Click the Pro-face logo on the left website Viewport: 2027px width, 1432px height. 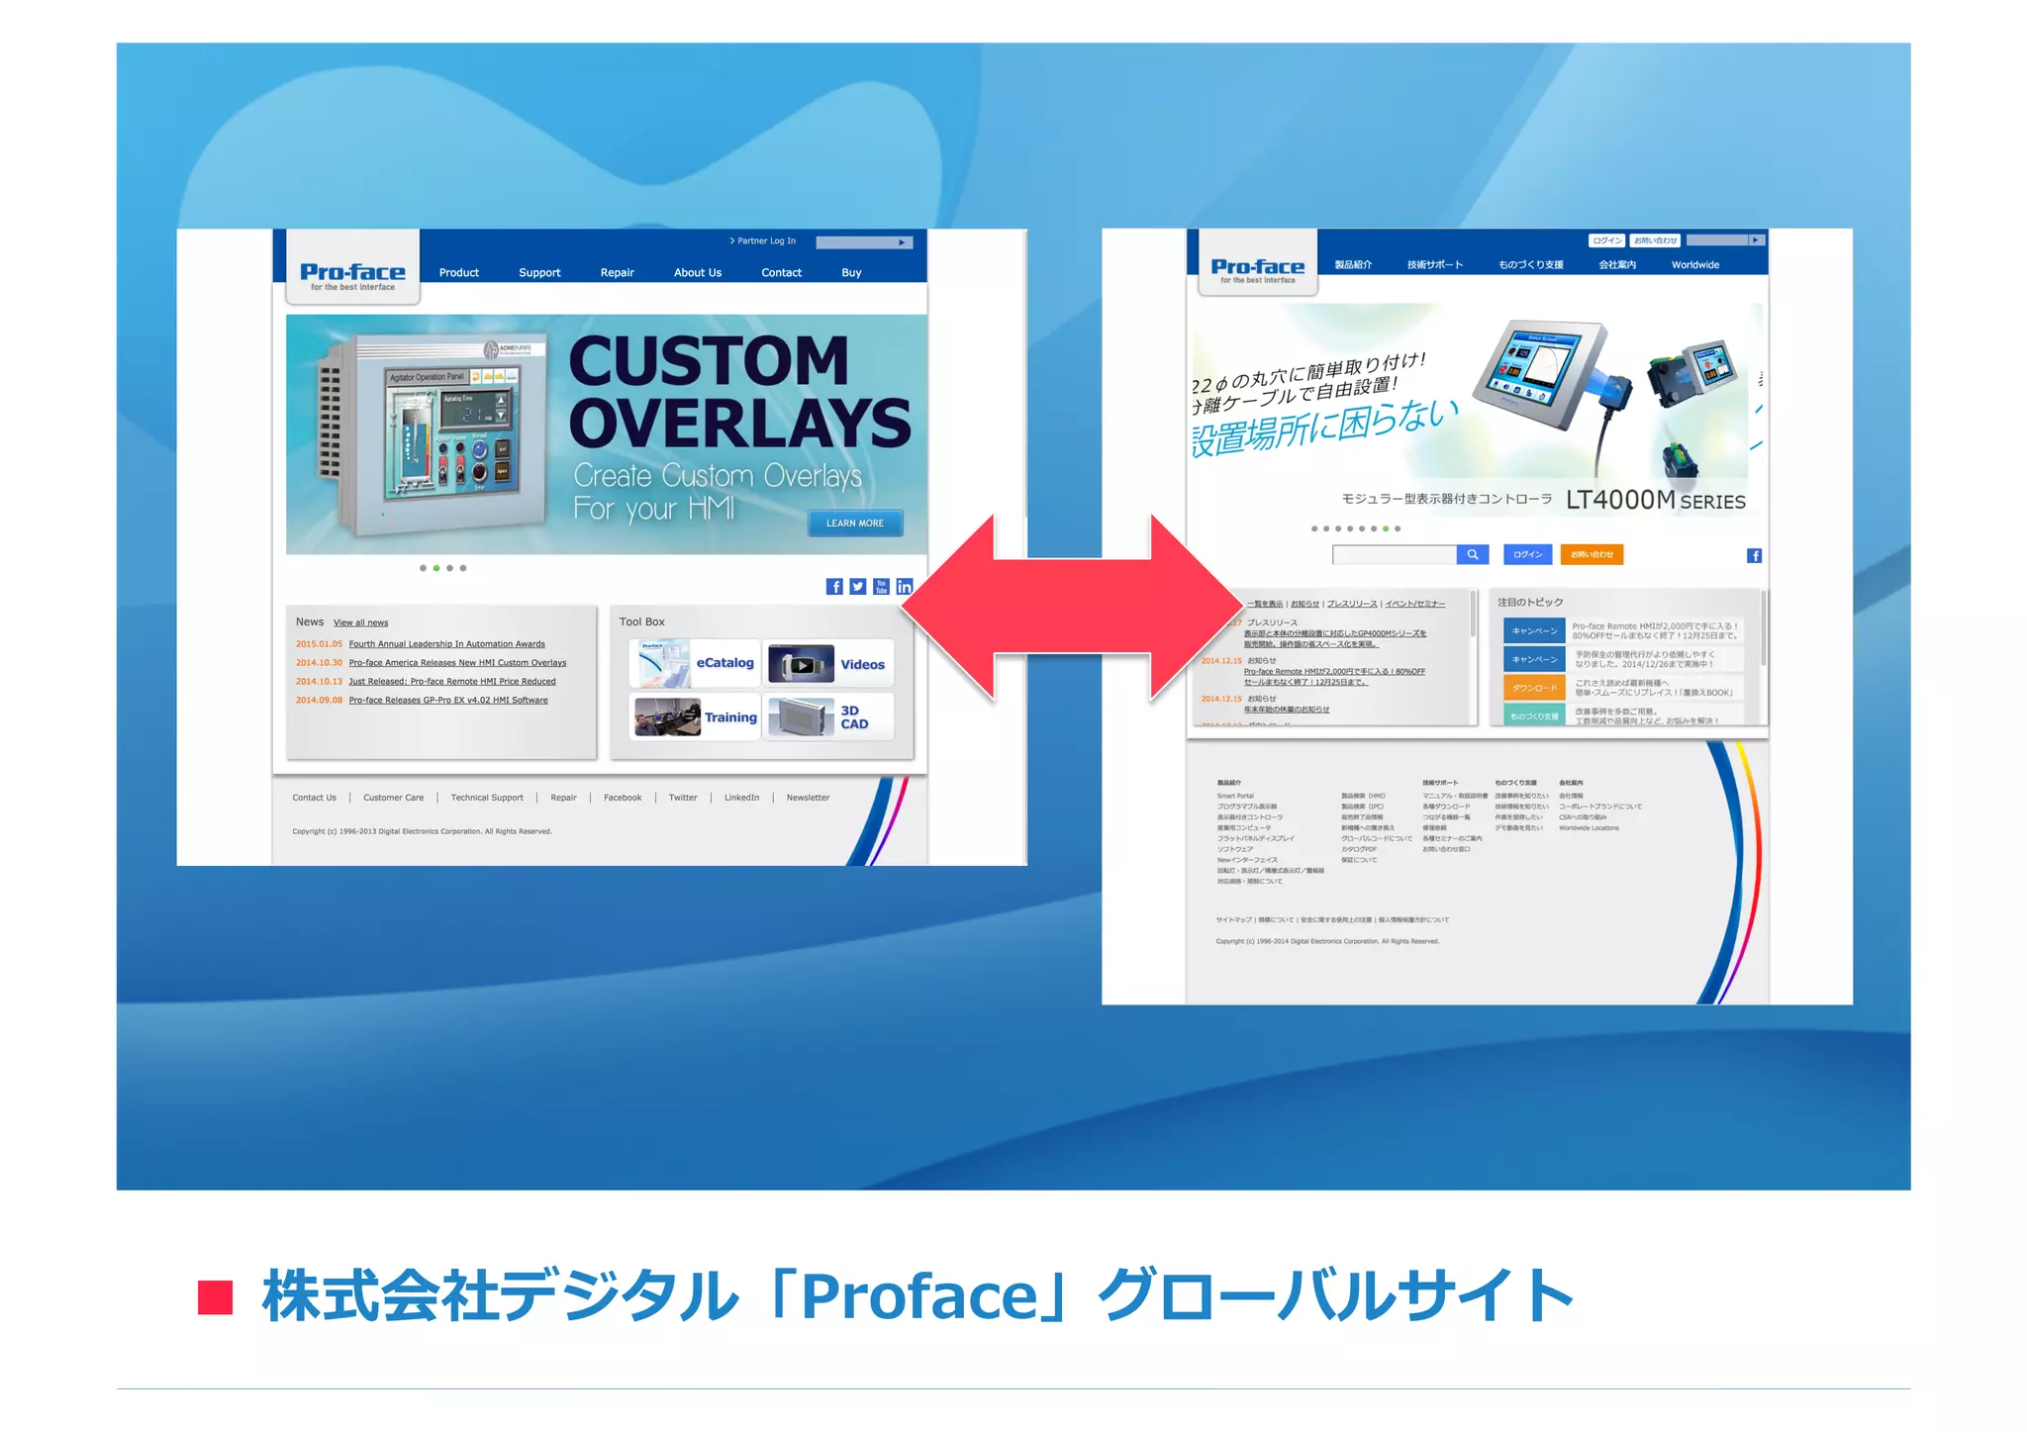click(352, 273)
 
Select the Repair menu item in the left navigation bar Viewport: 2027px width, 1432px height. click(617, 273)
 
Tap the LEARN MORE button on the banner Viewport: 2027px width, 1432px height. click(855, 524)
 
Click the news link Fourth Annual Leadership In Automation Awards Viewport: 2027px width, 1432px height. click(446, 644)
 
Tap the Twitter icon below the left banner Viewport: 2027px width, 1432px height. click(858, 587)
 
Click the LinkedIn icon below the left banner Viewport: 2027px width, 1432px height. click(904, 587)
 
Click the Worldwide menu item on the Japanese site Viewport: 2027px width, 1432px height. click(1694, 265)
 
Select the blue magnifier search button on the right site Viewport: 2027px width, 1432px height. click(1472, 555)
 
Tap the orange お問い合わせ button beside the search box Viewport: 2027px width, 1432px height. click(1592, 555)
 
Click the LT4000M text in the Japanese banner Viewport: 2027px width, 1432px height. click(1619, 501)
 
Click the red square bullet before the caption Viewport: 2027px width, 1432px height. click(215, 1297)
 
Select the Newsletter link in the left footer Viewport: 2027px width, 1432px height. click(808, 798)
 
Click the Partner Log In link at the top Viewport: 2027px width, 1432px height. click(764, 241)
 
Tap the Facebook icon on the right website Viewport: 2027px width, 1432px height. click(1754, 556)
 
